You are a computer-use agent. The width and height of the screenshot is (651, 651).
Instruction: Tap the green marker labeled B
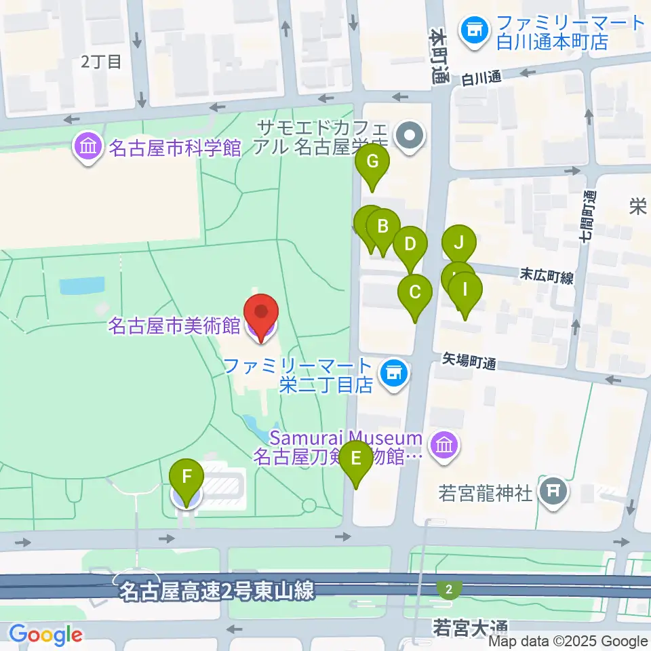(x=383, y=226)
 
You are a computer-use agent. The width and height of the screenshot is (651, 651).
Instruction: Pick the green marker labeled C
(x=416, y=292)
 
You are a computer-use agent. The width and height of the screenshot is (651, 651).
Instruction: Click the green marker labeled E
(x=356, y=458)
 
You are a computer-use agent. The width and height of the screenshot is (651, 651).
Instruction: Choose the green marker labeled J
(x=459, y=242)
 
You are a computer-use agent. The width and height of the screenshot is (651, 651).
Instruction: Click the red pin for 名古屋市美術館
(x=262, y=313)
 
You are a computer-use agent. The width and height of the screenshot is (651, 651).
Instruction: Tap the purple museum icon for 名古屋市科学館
(x=89, y=146)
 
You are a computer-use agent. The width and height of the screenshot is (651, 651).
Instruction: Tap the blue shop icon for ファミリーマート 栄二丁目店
(x=393, y=372)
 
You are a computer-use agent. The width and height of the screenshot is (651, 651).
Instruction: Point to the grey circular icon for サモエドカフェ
(x=410, y=136)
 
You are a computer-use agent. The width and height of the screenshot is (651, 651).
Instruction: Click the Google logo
(x=45, y=635)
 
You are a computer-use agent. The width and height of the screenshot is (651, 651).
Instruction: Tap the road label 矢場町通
(x=470, y=360)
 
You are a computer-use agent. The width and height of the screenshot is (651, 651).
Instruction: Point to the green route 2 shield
(x=446, y=587)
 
